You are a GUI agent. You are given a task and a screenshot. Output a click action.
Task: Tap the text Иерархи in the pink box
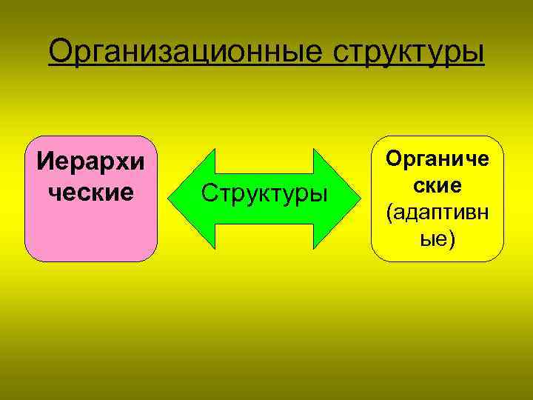[91, 161]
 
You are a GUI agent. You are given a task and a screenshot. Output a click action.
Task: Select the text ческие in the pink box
[91, 191]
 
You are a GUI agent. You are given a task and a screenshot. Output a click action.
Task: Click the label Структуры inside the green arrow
[264, 194]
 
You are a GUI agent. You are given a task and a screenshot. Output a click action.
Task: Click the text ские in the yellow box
[438, 186]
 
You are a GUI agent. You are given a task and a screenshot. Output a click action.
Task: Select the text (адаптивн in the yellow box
[438, 213]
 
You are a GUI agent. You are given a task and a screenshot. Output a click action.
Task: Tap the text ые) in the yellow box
[438, 239]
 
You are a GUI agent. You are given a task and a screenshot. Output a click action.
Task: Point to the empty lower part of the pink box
[91, 233]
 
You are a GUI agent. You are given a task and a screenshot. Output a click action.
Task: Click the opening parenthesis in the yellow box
[389, 213]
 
